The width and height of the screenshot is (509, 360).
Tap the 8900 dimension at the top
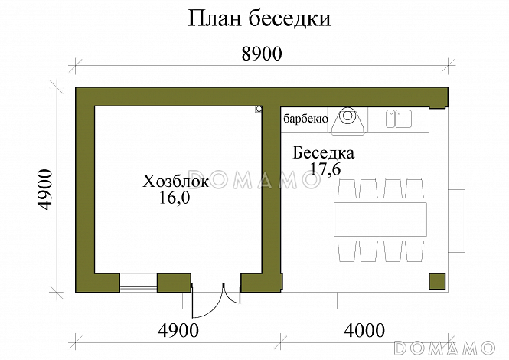(x=263, y=54)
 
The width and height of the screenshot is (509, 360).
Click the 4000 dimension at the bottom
(x=364, y=332)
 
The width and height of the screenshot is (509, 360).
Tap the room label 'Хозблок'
(x=175, y=182)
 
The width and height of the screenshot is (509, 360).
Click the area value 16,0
(x=175, y=198)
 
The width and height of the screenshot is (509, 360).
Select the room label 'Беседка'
(x=324, y=153)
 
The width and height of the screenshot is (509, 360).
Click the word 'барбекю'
(x=305, y=119)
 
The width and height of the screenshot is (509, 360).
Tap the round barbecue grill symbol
(x=347, y=117)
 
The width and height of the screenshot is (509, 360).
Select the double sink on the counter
(x=398, y=118)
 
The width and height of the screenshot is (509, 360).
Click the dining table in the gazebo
(x=380, y=219)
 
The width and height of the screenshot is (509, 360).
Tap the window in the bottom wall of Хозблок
(x=139, y=282)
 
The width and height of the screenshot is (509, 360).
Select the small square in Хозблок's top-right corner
(x=259, y=110)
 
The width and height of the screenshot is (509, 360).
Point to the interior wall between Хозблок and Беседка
(x=272, y=191)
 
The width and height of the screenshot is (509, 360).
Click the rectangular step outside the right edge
(x=456, y=220)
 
